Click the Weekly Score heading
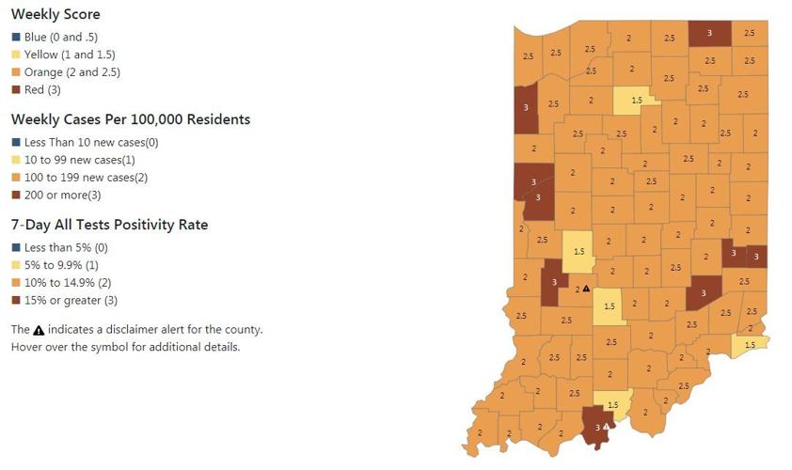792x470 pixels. click(55, 15)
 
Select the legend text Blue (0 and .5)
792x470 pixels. click(65, 37)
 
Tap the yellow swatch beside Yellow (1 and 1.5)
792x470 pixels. click(16, 55)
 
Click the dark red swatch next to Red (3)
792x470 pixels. click(16, 90)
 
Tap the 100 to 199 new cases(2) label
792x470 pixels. click(91, 178)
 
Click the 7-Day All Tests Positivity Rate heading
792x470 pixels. click(109, 226)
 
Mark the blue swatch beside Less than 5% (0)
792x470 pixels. click(16, 247)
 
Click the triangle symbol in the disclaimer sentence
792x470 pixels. click(39, 330)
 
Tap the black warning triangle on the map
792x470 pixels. click(586, 289)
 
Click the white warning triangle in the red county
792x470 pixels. click(607, 426)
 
